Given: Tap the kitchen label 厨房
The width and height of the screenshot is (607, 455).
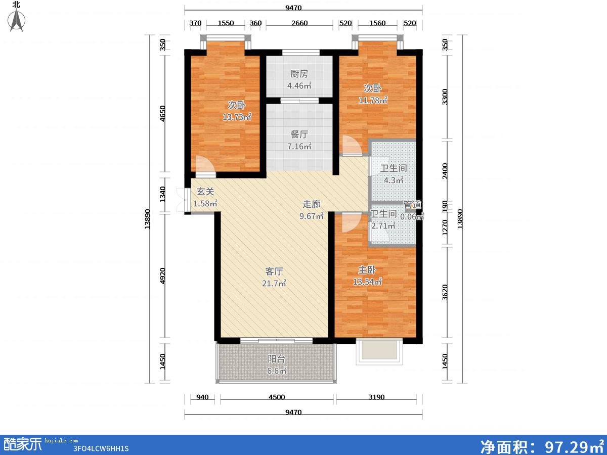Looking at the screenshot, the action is [x=299, y=74].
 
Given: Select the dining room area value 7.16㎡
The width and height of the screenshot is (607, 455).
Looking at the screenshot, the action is [x=299, y=146].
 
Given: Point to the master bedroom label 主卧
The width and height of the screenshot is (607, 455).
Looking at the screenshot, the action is [x=367, y=269].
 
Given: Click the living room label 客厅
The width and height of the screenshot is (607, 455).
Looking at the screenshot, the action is [x=274, y=271].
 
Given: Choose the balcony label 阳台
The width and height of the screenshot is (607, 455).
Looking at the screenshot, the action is [x=277, y=359].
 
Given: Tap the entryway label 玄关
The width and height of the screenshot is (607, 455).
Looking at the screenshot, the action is [x=205, y=192].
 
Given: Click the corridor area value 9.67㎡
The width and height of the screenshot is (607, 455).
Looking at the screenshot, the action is [x=312, y=216].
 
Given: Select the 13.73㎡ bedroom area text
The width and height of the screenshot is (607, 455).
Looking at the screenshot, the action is [x=237, y=117].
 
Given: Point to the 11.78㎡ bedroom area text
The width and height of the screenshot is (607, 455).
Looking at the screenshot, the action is [x=373, y=100].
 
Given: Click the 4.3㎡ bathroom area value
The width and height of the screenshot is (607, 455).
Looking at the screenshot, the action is [x=394, y=180].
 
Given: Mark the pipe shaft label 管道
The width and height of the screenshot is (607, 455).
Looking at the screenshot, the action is [x=412, y=205].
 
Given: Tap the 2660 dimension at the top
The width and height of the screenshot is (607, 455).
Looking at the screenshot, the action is [x=299, y=23].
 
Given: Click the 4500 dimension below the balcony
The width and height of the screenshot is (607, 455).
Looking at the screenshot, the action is [x=277, y=397].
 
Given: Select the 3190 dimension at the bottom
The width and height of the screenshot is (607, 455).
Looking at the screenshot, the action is [x=376, y=397].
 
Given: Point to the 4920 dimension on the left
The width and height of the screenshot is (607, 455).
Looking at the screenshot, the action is [x=162, y=276].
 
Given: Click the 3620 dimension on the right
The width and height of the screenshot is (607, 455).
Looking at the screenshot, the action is [x=445, y=292].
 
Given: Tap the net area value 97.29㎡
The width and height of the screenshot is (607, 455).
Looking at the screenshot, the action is [x=574, y=446].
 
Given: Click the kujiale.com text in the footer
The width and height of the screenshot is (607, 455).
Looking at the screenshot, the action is [x=61, y=441].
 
